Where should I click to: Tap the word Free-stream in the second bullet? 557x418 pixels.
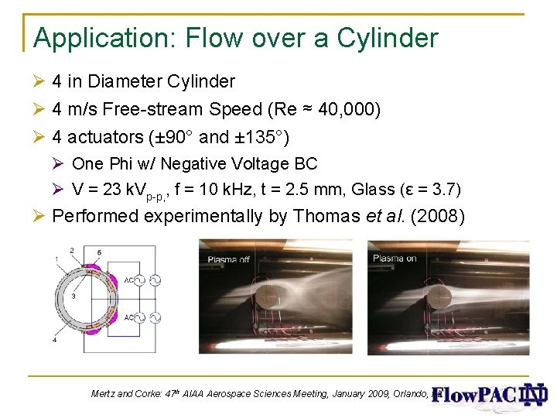(169, 110)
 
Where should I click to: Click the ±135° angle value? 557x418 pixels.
(261, 138)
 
